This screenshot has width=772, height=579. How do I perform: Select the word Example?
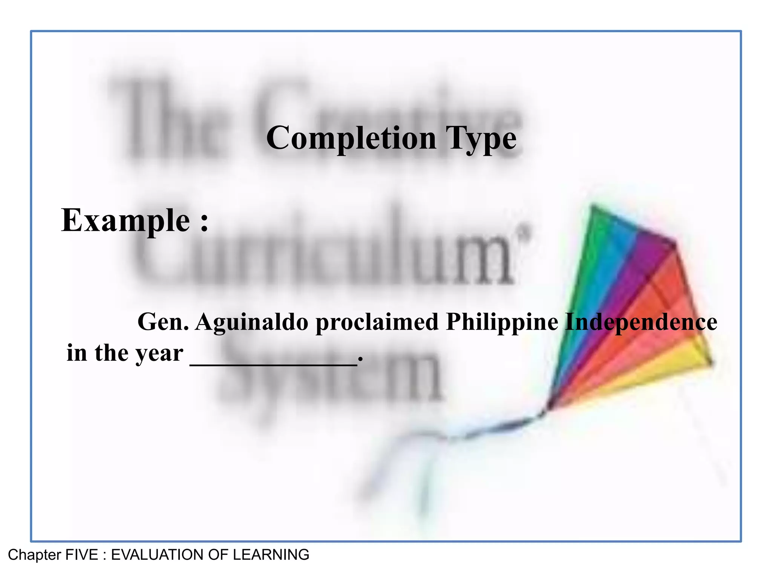click(126, 221)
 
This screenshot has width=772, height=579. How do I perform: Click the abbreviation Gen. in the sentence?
click(163, 322)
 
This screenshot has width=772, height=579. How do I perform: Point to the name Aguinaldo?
click(252, 322)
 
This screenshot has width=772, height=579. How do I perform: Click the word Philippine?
click(502, 322)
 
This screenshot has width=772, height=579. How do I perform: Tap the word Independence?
click(641, 322)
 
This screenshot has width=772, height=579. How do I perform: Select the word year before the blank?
click(159, 354)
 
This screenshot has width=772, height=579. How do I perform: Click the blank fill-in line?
click(274, 363)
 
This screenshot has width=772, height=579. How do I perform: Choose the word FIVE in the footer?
click(82, 555)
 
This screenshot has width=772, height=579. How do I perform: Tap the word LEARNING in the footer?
click(271, 555)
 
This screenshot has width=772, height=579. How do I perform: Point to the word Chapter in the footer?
click(34, 555)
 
